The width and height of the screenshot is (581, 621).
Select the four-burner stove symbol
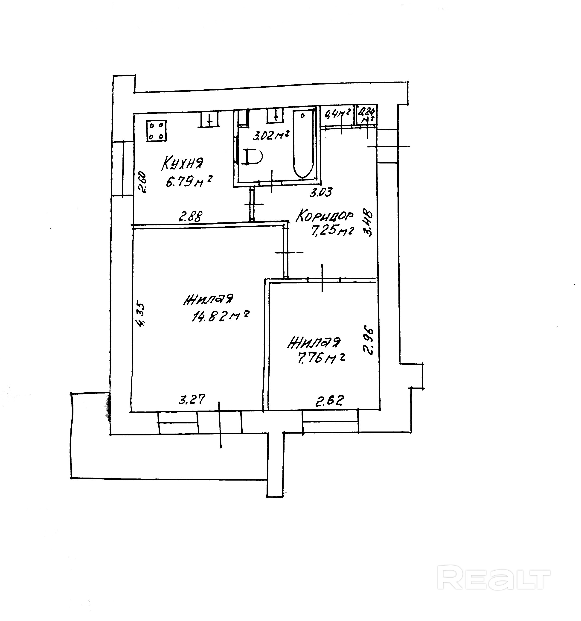click(156, 131)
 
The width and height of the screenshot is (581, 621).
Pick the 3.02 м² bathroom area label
click(270, 136)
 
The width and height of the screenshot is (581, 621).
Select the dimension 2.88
click(191, 216)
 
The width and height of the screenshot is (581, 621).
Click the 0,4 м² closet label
click(338, 113)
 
